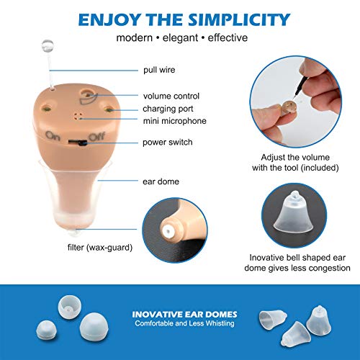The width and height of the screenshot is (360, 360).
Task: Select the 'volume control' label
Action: (x=171, y=95)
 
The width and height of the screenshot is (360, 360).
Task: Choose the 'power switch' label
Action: (x=168, y=142)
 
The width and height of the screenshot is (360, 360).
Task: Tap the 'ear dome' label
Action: (x=159, y=181)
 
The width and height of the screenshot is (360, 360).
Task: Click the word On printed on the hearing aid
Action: (x=53, y=135)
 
